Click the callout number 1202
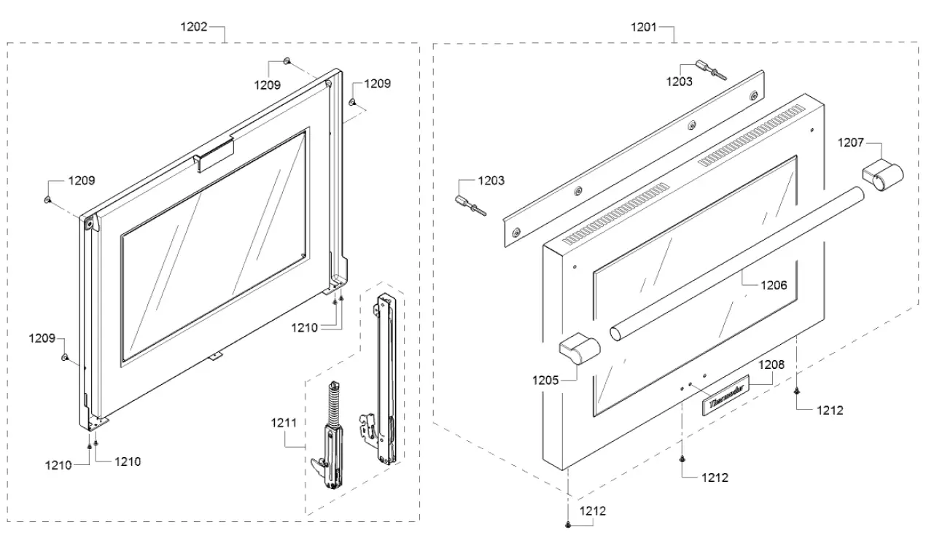point(193,27)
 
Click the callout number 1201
point(644,27)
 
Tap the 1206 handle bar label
point(774,286)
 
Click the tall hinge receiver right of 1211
point(384,379)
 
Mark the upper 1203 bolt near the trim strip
point(712,69)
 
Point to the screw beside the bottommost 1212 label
point(568,524)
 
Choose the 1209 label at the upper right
point(378,84)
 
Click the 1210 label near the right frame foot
point(304,328)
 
